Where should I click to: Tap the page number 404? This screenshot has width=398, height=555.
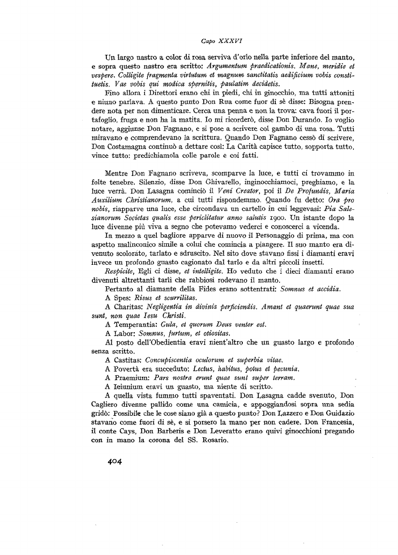tap(115, 460)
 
